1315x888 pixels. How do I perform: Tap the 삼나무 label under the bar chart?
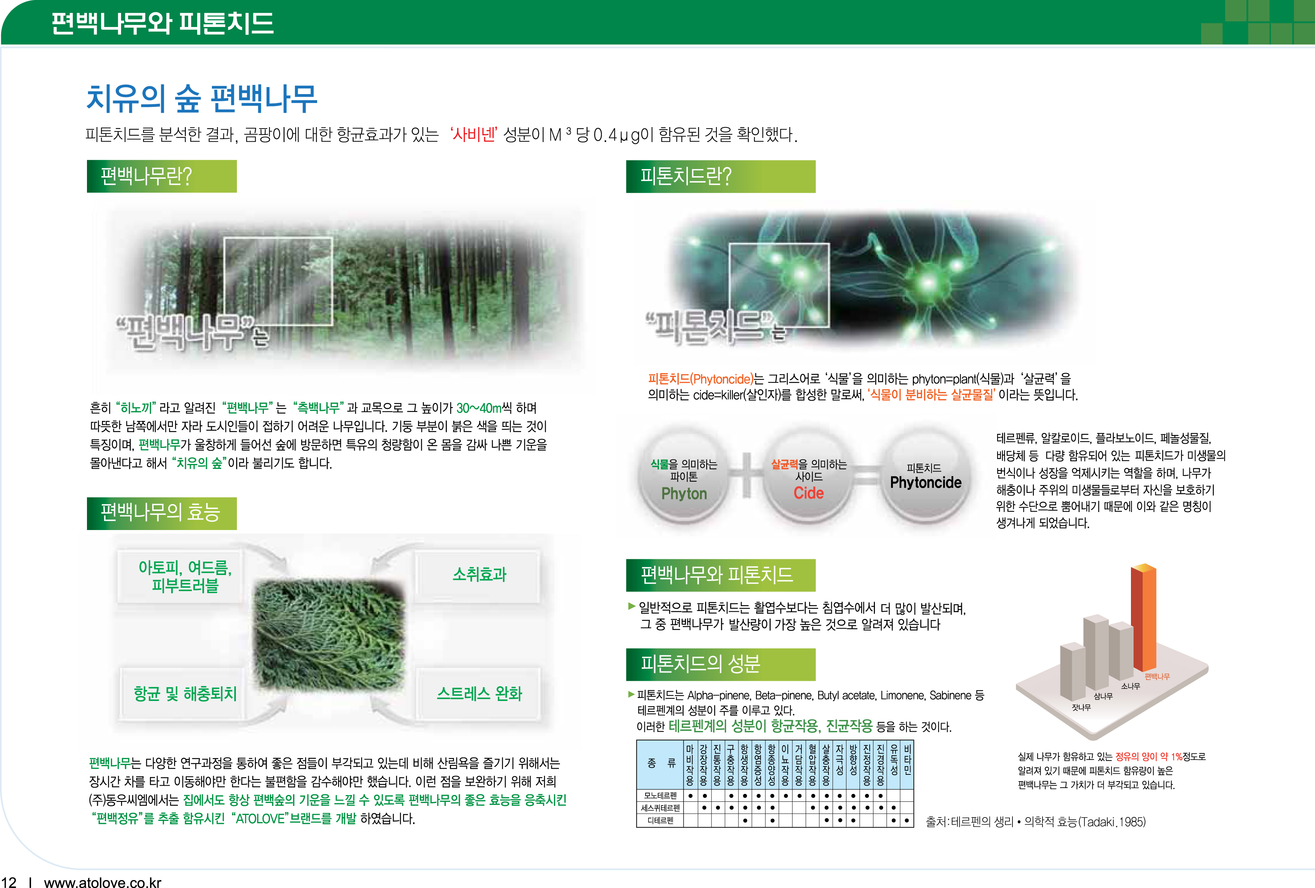click(x=1103, y=696)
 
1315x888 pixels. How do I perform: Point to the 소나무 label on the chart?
click(x=1131, y=686)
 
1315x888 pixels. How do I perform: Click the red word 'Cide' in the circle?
click(x=809, y=493)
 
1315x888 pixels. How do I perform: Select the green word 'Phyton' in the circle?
click(x=684, y=494)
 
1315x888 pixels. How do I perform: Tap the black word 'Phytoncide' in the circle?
click(x=926, y=482)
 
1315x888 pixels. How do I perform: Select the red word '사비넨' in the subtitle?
click(x=473, y=135)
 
